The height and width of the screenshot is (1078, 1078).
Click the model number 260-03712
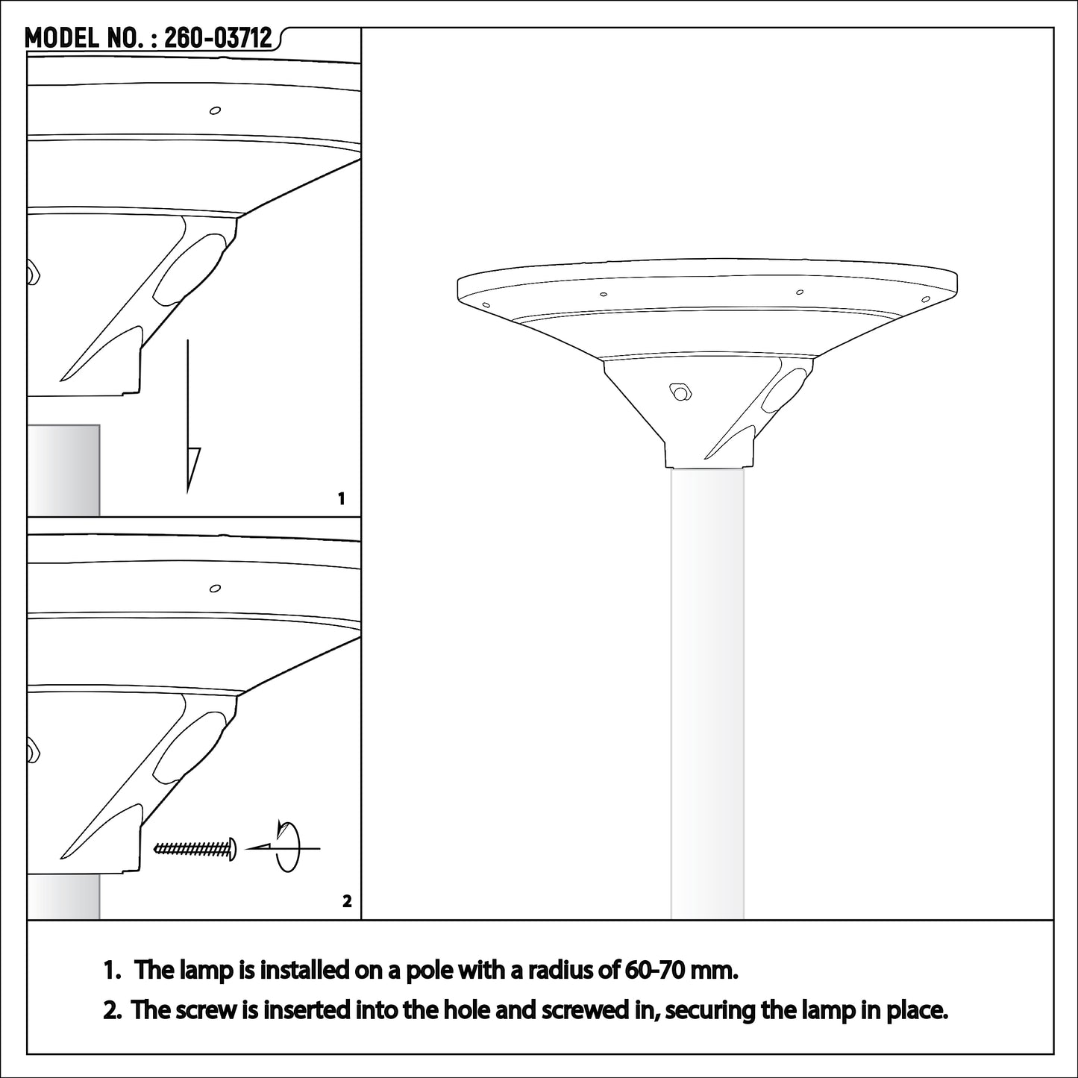click(x=218, y=39)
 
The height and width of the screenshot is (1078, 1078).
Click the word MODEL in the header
click(x=61, y=39)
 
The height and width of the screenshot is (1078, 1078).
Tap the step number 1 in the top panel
click(x=341, y=498)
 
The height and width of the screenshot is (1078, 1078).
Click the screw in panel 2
click(x=195, y=849)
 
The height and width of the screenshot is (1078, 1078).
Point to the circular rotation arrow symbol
click(x=286, y=845)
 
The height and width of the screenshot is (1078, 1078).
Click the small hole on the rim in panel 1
click(x=215, y=110)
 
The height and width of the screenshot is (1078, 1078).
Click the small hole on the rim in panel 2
click(x=215, y=588)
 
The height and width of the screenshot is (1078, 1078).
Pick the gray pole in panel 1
click(x=63, y=471)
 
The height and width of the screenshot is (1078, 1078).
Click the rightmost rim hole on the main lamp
click(x=926, y=299)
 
